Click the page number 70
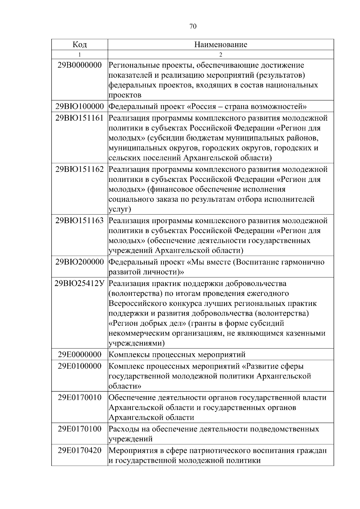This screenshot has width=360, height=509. coord(193,27)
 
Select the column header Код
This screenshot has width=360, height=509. coord(79,45)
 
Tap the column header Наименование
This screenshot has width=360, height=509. coord(220,45)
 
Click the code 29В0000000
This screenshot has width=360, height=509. coord(79,65)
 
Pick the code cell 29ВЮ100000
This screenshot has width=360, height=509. coord(79,106)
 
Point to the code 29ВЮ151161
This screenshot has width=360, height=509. coord(79,118)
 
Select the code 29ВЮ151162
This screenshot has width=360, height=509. coord(79,169)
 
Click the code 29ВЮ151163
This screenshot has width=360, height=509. coord(79,221)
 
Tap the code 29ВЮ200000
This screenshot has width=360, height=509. coord(79,262)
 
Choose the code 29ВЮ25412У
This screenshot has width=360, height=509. coord(79,283)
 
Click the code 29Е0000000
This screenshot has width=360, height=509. coord(79,355)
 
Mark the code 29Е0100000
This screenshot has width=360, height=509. coord(79,366)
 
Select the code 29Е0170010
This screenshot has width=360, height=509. coord(79,398)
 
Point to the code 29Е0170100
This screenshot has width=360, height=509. coord(79,429)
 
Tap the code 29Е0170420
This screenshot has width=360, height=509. coord(79,451)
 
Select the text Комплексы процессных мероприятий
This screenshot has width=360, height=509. coord(177,355)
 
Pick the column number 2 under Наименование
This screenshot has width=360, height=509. coord(220,55)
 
